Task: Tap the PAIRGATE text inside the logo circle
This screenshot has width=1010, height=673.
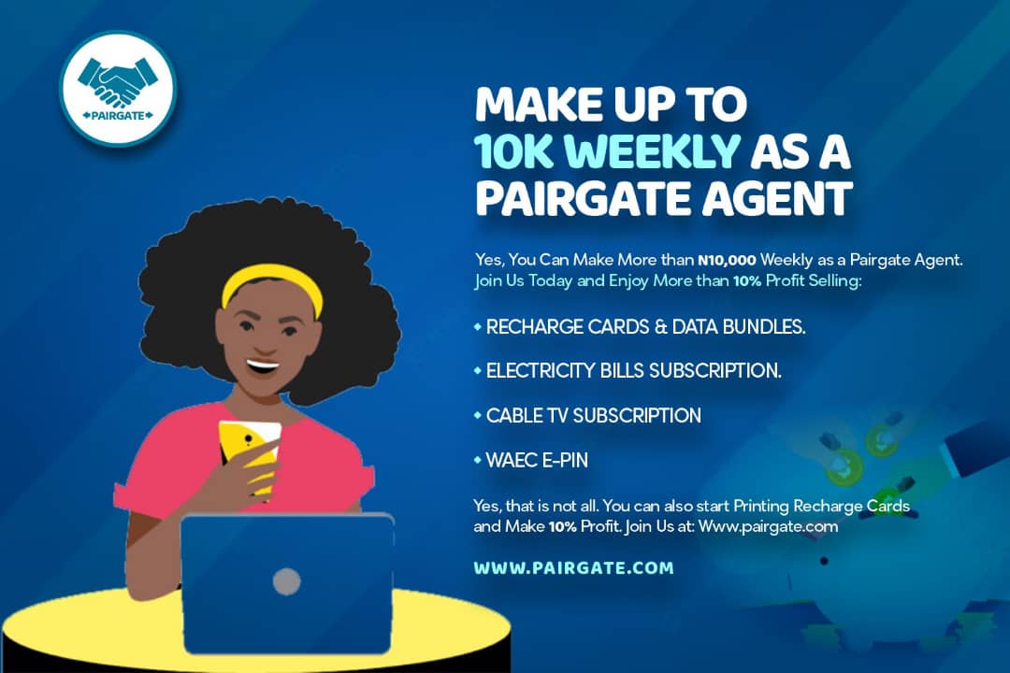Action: tap(118, 116)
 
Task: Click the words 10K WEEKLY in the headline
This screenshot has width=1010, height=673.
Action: tap(607, 152)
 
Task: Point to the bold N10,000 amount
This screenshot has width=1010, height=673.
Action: tap(727, 260)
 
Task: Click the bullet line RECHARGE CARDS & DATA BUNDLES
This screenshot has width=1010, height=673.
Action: tap(645, 327)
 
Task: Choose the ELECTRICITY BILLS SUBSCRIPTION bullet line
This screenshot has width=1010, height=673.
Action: tap(633, 371)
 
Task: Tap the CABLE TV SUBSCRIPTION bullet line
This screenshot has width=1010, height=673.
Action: tap(593, 415)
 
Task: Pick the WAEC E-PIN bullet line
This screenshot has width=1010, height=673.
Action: tap(537, 460)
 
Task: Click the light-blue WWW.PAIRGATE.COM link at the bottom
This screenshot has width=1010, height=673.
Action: tap(573, 568)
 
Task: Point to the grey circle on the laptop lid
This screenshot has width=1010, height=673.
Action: tap(287, 581)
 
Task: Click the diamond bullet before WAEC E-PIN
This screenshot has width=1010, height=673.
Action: tap(477, 460)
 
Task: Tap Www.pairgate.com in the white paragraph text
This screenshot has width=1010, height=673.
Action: tap(768, 527)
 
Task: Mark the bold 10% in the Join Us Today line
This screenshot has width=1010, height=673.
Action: tap(747, 280)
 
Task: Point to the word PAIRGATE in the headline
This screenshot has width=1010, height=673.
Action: tap(584, 198)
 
